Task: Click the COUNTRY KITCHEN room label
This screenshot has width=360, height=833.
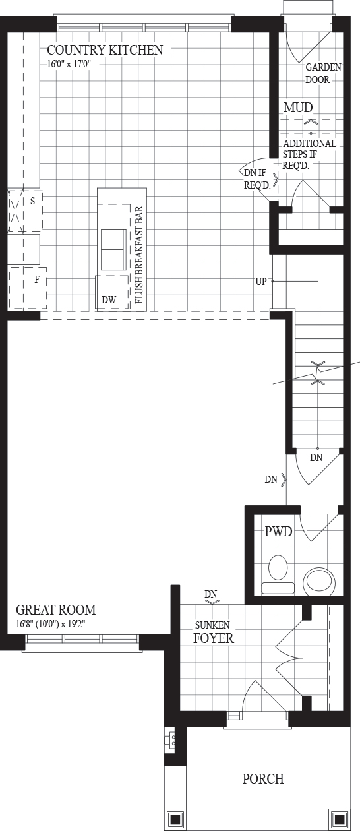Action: (x=105, y=50)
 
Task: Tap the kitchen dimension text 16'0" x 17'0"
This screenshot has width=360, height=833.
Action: (x=69, y=64)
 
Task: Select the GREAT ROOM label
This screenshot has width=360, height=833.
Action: (x=56, y=610)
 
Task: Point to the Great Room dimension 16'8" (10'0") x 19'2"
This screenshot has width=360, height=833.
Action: (x=51, y=624)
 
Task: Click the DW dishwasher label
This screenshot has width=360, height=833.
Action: (x=109, y=299)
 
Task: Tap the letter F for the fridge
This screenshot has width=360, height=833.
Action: (x=37, y=280)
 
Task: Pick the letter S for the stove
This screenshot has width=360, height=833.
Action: (x=33, y=201)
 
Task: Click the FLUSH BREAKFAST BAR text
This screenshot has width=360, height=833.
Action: (x=139, y=255)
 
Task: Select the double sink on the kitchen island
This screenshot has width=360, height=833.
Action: (x=113, y=249)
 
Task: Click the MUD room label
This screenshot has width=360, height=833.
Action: (x=298, y=108)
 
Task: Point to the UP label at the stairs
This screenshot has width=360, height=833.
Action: (x=261, y=282)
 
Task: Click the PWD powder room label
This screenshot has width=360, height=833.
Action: (x=278, y=532)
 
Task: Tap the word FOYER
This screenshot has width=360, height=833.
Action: (x=214, y=638)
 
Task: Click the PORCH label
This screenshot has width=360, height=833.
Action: (x=263, y=779)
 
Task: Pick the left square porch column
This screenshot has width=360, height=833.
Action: (x=175, y=819)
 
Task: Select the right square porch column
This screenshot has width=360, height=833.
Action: (x=339, y=819)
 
